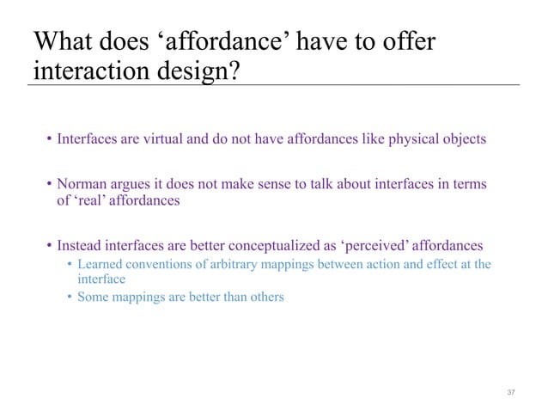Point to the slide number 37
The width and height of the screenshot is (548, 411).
pyautogui.click(x=511, y=392)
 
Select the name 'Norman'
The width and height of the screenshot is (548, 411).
pyautogui.click(x=82, y=184)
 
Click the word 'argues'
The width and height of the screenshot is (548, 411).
pyautogui.click(x=134, y=184)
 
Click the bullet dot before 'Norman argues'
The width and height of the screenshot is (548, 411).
pyautogui.click(x=50, y=184)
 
